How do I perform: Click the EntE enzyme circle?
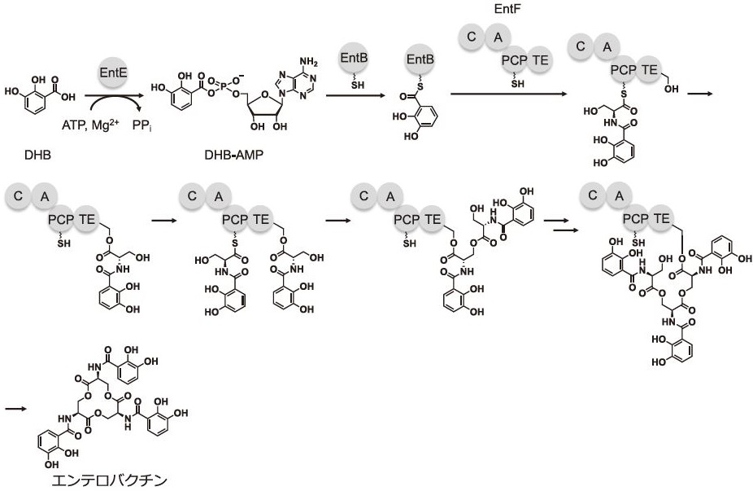pyautogui.click(x=112, y=73)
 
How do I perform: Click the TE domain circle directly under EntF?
pyautogui.click(x=540, y=59)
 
